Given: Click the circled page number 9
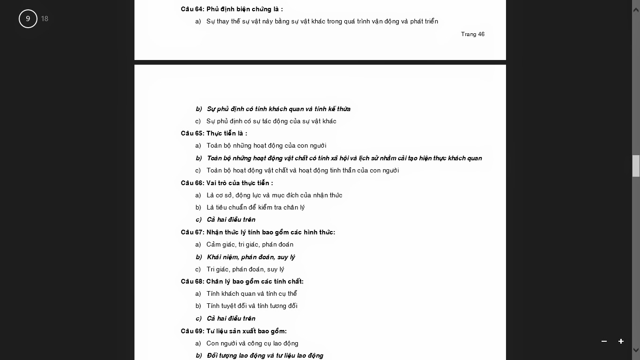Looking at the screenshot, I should click(28, 19).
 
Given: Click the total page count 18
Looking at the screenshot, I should click(45, 19).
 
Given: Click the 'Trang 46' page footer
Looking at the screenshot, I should click(472, 34).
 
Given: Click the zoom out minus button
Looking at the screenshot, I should click(604, 341).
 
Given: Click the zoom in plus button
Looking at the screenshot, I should click(621, 341).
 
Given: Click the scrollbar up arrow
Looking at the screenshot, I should click(636, 10).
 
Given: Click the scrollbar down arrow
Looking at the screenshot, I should click(636, 350).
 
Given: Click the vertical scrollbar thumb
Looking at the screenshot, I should click(636, 166).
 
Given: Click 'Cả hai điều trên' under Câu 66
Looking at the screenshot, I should click(231, 219).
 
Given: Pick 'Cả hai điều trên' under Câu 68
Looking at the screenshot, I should click(231, 318).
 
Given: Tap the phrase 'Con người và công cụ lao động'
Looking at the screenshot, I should click(252, 343).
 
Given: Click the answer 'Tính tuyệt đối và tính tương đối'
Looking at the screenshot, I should click(252, 306).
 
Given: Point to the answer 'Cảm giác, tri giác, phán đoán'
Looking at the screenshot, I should click(250, 244).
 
